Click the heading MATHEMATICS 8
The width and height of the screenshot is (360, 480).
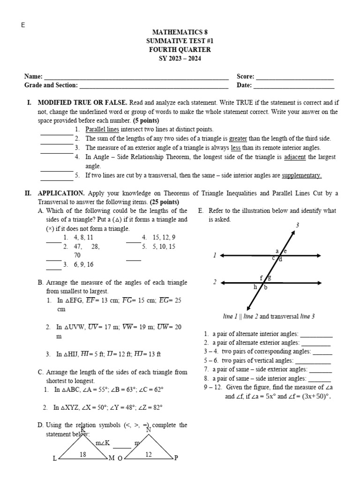pos(180,32)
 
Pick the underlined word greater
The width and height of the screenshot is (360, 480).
pos(238,139)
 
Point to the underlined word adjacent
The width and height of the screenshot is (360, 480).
pos(294,157)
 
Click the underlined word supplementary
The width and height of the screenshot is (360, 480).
pos(301,176)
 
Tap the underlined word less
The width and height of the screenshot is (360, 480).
pos(236,148)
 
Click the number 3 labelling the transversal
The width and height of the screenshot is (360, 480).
pos(297,225)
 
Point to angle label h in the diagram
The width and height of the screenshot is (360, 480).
pos(255,287)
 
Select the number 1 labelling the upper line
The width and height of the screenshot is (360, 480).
pos(214,255)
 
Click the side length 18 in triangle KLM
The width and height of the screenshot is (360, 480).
pos(82,454)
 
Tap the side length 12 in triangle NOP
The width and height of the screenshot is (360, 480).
pos(149,454)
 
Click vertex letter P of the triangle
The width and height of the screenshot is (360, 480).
pos(176,458)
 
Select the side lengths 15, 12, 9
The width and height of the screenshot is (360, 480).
pos(162,237)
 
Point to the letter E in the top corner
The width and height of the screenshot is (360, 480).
pos(22,25)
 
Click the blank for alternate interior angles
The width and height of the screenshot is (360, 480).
pos(316,335)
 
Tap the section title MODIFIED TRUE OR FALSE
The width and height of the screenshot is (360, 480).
pos(82,102)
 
